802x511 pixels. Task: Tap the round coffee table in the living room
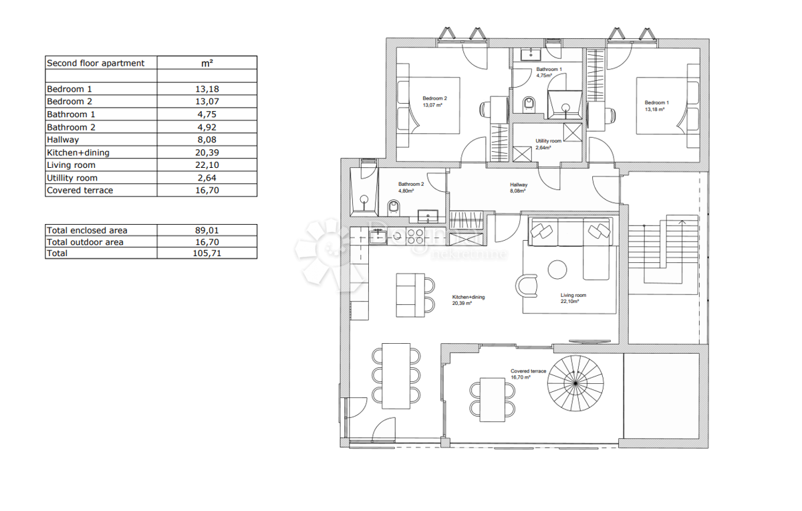coord(557,270)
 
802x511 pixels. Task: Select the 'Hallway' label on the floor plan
coord(519,185)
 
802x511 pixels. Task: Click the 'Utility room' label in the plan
coord(548,141)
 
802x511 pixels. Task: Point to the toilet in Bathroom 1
coord(529,104)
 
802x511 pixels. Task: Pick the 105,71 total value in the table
coord(207,253)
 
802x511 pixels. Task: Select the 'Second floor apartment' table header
coord(96,63)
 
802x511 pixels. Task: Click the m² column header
coord(207,63)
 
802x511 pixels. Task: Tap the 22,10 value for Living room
coord(207,165)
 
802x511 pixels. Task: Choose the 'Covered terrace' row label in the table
coord(80,191)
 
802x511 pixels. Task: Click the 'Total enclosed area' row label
coord(86,230)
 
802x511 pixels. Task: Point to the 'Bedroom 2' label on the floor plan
coord(434,98)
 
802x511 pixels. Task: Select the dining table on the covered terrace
coord(493,398)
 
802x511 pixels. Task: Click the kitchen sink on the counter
coord(378,235)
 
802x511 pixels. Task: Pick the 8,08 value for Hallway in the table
coord(207,140)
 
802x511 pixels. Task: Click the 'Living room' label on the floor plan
coord(573,295)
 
